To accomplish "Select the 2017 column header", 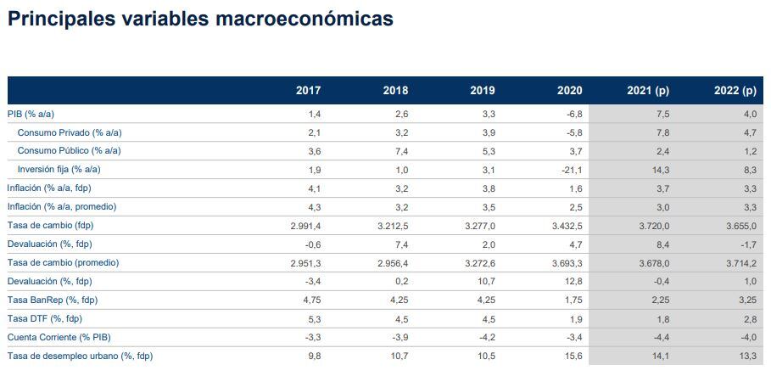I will [x=308, y=90].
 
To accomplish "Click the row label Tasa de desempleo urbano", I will [x=80, y=356].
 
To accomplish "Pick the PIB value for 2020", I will [x=573, y=114].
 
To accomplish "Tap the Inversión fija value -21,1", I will [x=571, y=170].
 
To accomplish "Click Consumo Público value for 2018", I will [x=401, y=151].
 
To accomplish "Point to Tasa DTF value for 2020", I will [x=576, y=318].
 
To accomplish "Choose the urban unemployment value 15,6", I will [x=573, y=356].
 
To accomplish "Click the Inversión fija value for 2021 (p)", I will [x=660, y=170].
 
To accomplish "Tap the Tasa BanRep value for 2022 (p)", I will [x=746, y=300].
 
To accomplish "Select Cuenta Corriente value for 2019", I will [x=487, y=337].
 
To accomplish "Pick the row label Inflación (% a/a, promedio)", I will [x=62, y=207].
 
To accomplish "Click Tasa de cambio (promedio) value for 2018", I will [x=392, y=263].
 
